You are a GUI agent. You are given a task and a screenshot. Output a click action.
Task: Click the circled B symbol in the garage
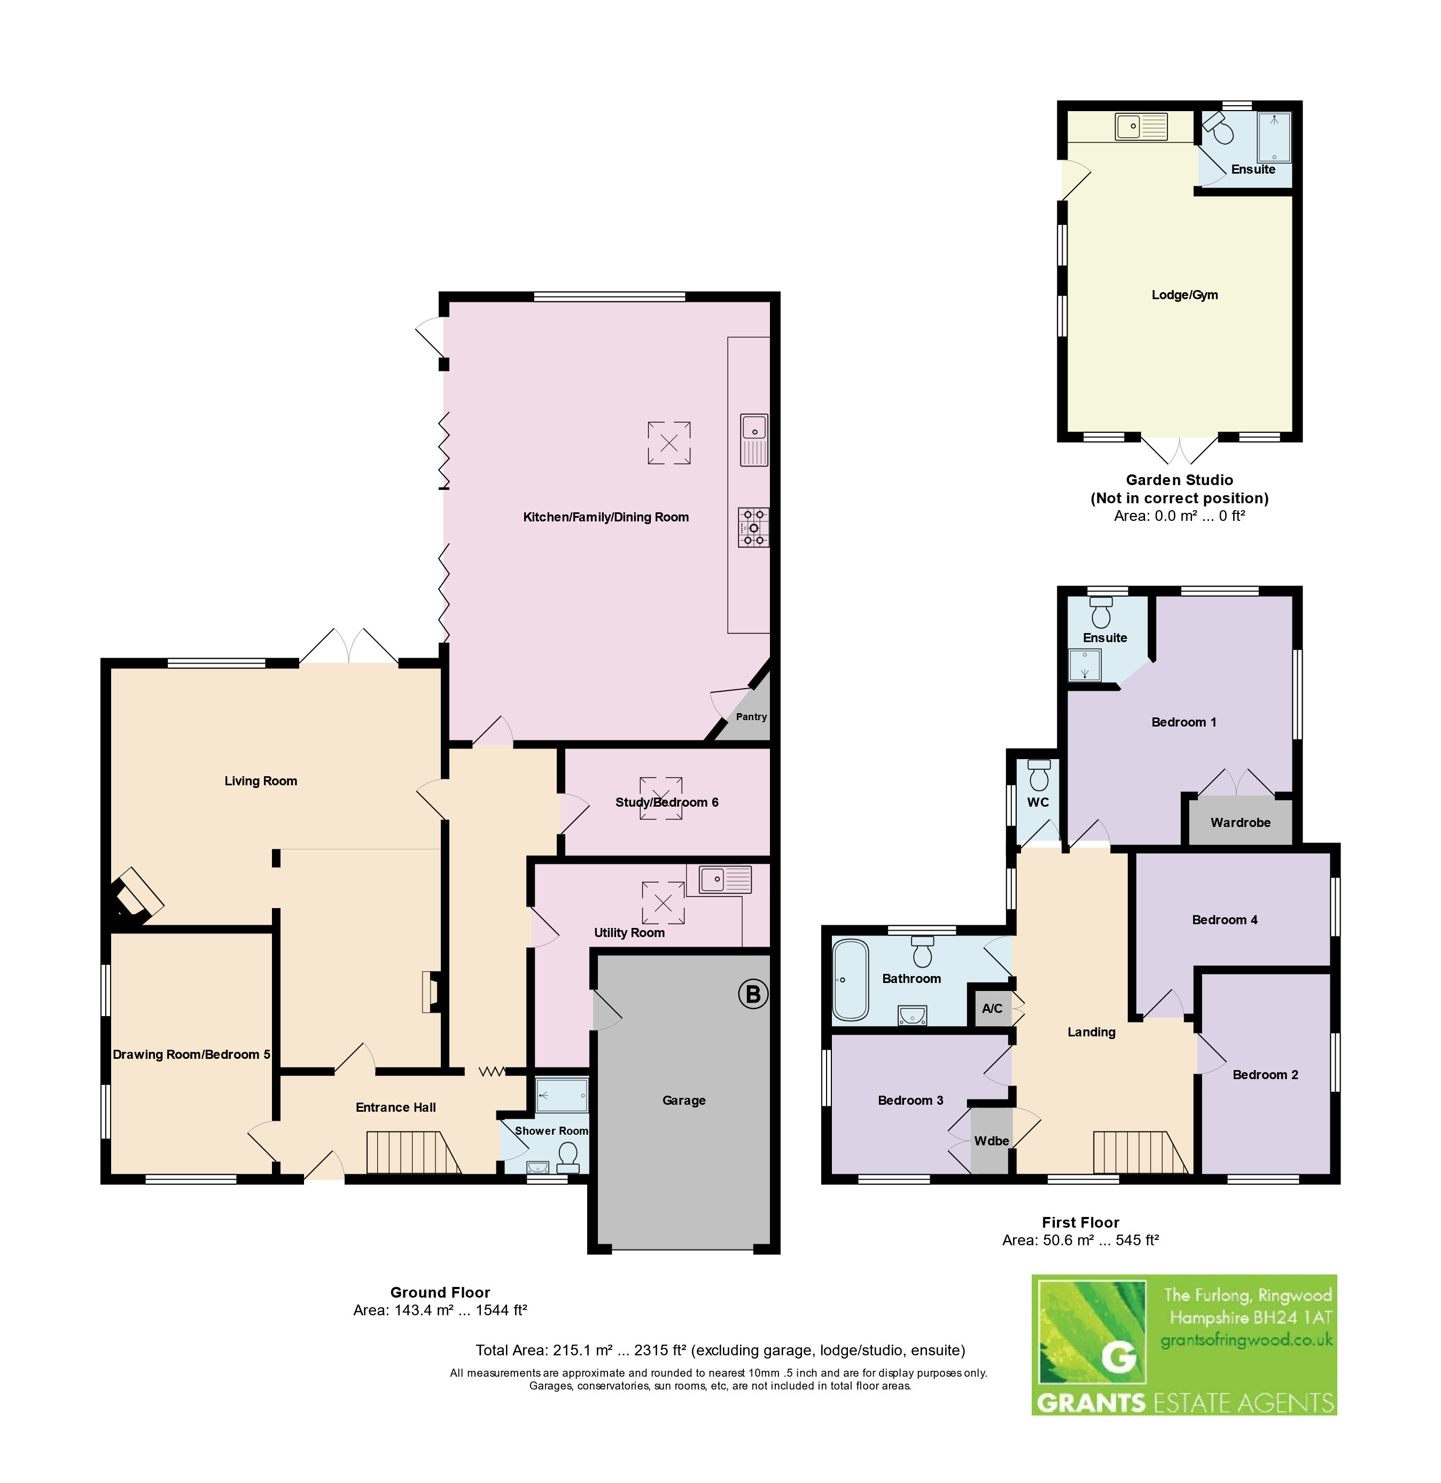pyautogui.click(x=753, y=994)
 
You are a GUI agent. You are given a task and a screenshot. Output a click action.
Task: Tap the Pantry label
pyautogui.click(x=752, y=716)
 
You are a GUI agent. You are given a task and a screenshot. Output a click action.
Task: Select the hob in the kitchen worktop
pyautogui.click(x=754, y=527)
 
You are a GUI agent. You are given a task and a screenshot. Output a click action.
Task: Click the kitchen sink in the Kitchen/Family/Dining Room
pyautogui.click(x=754, y=440)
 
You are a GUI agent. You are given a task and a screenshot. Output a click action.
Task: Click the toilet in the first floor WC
pyautogui.click(x=1039, y=774)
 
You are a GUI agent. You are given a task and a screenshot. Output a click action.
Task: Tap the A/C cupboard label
pyautogui.click(x=992, y=1008)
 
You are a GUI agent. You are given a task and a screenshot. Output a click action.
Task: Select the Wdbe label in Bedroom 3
pyautogui.click(x=992, y=1140)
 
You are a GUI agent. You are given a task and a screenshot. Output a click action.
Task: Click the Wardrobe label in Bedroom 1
pyautogui.click(x=1241, y=823)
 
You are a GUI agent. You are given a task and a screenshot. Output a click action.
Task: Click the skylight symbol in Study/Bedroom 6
pyautogui.click(x=661, y=799)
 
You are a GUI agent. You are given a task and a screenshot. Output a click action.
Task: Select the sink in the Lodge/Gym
pyautogui.click(x=1141, y=127)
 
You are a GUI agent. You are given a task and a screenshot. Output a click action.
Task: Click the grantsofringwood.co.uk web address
pyautogui.click(x=1247, y=1340)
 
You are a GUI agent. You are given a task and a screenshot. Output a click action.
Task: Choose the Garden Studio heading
pyautogui.click(x=1179, y=480)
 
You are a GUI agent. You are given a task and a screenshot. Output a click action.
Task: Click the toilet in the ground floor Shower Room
pyautogui.click(x=567, y=1157)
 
